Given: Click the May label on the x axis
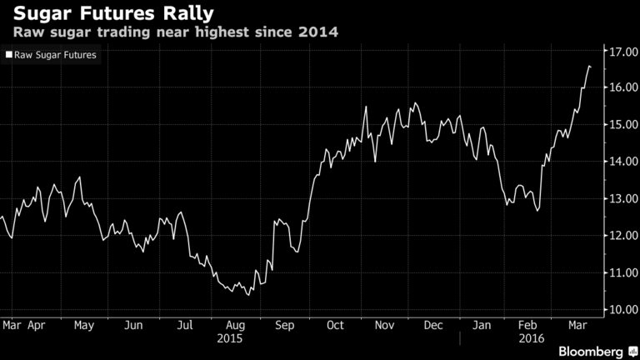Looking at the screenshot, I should (x=84, y=325).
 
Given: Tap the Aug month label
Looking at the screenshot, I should (x=236, y=325).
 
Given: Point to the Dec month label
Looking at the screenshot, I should (x=434, y=325).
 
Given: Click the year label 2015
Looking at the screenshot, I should (x=229, y=339).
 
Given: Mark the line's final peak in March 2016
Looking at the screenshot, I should (x=589, y=66).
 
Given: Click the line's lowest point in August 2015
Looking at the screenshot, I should (x=248, y=294).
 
